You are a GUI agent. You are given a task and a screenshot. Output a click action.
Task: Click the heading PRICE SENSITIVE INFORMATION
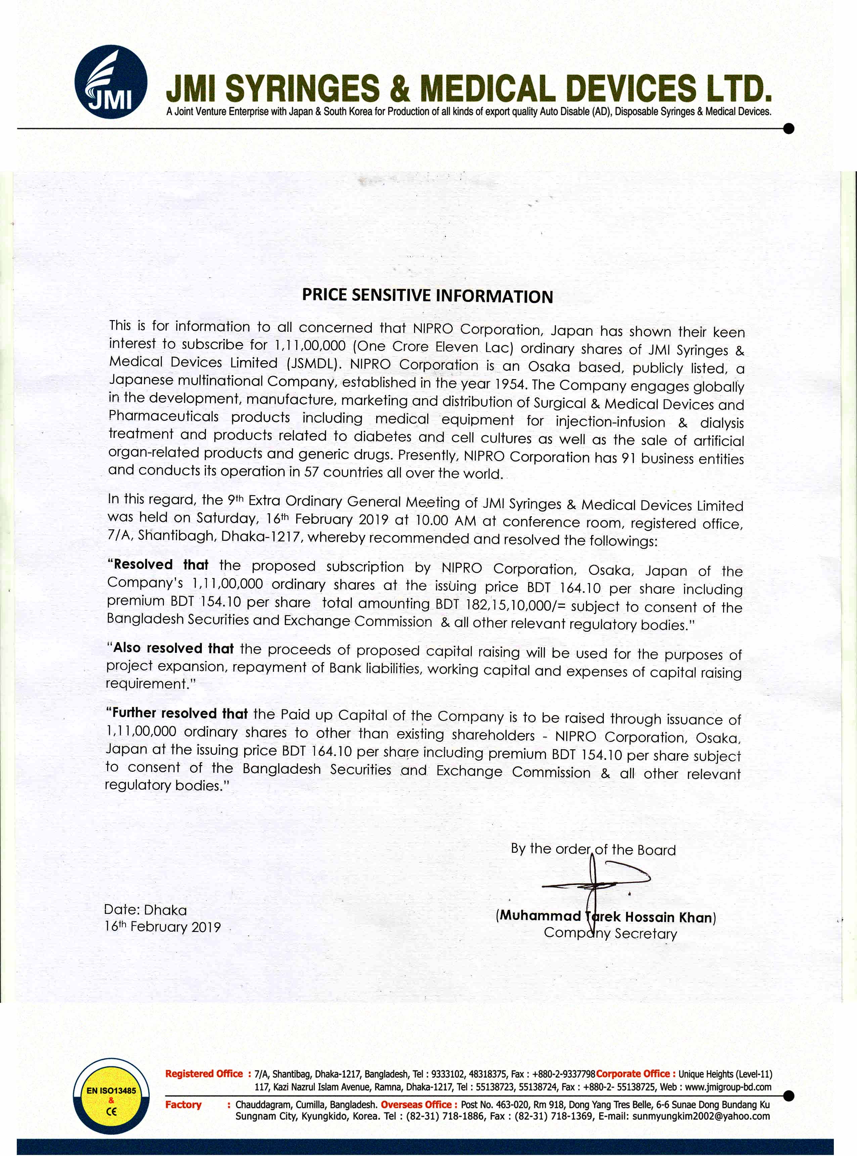tap(427, 296)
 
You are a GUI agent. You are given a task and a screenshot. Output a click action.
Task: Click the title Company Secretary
tap(610, 933)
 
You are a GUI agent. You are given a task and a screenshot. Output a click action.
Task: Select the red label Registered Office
tap(204, 1073)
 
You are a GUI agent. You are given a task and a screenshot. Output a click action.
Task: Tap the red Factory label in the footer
tap(183, 1104)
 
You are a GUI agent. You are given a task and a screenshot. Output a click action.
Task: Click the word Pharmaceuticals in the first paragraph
tap(164, 417)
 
